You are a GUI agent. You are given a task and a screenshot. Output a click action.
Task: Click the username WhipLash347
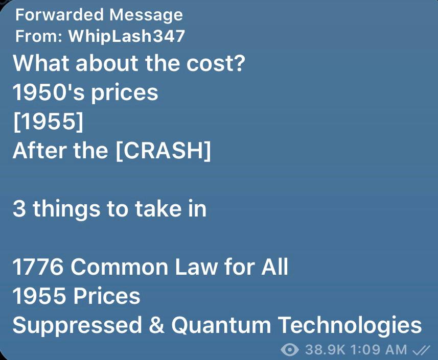pyautogui.click(x=127, y=36)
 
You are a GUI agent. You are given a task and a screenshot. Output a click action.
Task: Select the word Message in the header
pyautogui.click(x=146, y=15)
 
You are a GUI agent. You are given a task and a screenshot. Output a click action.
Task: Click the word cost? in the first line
pyautogui.click(x=216, y=63)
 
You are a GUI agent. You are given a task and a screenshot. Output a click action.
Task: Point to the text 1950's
pyautogui.click(x=49, y=92)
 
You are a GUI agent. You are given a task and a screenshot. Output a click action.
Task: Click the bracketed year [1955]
pyautogui.click(x=49, y=122)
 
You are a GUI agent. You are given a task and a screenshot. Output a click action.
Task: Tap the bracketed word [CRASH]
pyautogui.click(x=163, y=151)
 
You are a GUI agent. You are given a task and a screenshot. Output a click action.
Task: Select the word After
pyautogui.click(x=39, y=151)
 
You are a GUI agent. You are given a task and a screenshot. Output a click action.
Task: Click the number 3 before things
pyautogui.click(x=19, y=209)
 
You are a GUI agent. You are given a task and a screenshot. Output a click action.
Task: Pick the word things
pyautogui.click(x=66, y=210)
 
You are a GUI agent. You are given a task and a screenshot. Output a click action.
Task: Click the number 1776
pyautogui.click(x=38, y=267)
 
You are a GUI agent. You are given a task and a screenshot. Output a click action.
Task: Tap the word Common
pyautogui.click(x=120, y=267)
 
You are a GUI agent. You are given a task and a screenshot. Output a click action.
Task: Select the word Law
pyautogui.click(x=196, y=267)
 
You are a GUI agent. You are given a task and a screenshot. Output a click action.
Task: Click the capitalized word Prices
pyautogui.click(x=107, y=296)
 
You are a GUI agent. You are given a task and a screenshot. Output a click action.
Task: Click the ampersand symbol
pyautogui.click(x=156, y=325)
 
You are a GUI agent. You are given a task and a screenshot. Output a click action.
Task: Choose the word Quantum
pyautogui.click(x=221, y=325)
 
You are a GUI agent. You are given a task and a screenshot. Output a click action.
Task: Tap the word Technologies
pyautogui.click(x=350, y=325)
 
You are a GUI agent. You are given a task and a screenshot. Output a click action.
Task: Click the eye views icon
pyautogui.click(x=290, y=350)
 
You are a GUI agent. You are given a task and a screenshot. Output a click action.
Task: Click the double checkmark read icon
pyautogui.click(x=421, y=350)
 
